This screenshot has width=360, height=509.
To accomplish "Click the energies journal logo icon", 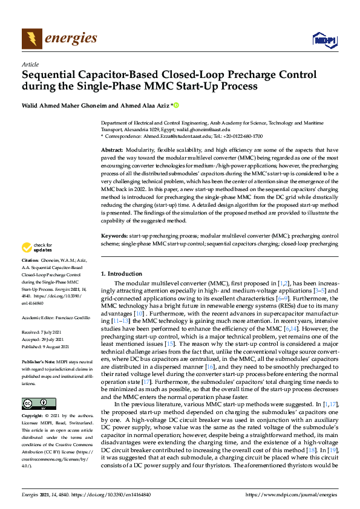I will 31,38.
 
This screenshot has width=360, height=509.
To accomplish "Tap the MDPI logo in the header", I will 324,40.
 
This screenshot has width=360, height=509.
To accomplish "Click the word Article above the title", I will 30,64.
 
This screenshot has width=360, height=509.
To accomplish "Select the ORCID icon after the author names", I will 177,105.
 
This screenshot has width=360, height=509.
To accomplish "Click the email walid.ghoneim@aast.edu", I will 208,129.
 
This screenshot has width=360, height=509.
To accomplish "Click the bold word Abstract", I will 112,149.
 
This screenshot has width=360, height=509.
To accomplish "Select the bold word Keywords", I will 114,234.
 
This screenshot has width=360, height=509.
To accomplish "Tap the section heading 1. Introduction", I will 122,274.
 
